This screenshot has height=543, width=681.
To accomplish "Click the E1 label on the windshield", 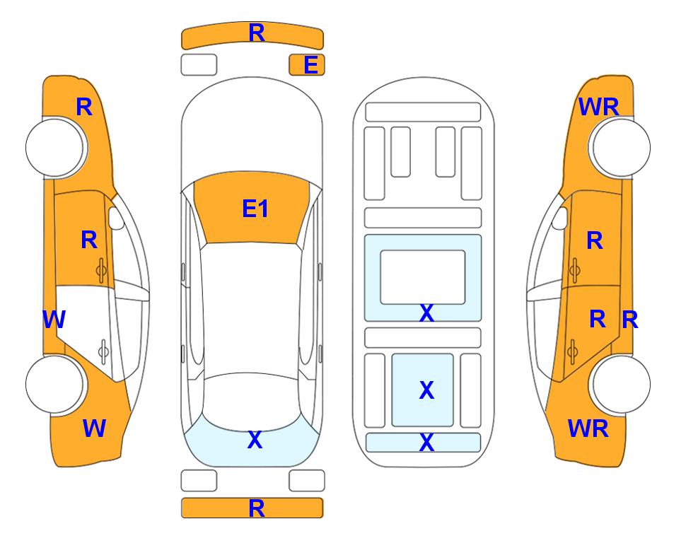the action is point(255,209).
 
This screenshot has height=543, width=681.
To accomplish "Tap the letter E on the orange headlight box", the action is point(311,65).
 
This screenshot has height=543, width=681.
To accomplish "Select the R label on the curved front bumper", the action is point(257,33).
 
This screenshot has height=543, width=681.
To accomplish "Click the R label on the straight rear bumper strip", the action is point(257,508).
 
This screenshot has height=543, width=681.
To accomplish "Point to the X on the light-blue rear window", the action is point(255,440).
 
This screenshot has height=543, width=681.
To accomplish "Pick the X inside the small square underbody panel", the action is point(426,390).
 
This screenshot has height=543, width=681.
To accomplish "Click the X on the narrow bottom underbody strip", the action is point(426,442).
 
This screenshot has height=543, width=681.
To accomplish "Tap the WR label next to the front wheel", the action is point(599,107).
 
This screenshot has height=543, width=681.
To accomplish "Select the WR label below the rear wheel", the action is point(588,428).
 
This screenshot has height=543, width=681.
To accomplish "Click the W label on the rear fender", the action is point(94,428).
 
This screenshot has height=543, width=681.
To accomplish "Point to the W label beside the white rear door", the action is point(54,320).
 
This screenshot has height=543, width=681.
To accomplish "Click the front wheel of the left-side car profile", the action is point(55,147).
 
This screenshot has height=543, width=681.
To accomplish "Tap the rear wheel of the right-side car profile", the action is point(621,385).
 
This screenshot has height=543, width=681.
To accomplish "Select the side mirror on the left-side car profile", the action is point(115,218).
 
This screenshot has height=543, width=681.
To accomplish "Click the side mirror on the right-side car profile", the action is point(560,218).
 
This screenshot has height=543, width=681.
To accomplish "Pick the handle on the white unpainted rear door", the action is point(103,351).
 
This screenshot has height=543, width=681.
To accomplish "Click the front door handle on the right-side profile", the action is point(574,270).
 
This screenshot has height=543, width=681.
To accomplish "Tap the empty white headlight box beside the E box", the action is point(199,65).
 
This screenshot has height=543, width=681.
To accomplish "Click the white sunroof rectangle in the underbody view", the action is point(423,277).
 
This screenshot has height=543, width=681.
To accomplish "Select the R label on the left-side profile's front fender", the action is point(84,107).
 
